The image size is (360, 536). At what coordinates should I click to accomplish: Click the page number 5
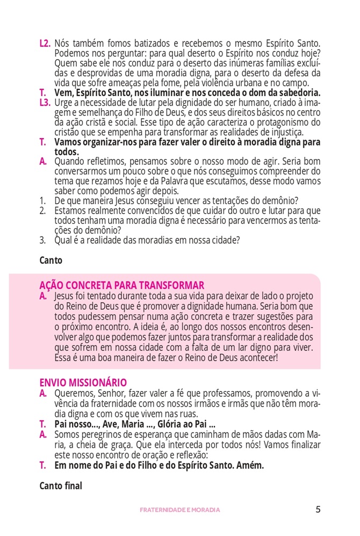pos(318,509)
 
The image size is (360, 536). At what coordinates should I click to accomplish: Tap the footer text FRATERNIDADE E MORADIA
pos(180,510)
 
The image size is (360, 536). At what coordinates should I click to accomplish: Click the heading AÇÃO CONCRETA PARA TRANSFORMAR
pos(121,285)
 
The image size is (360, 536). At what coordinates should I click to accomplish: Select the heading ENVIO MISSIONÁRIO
pos(83,383)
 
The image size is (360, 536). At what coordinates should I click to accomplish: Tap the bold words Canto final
pos(61,486)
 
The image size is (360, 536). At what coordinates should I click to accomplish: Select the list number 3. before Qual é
pos(42,240)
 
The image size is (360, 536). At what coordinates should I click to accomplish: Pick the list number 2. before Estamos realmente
pos(42,211)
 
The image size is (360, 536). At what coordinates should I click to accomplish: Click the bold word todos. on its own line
pos(66,151)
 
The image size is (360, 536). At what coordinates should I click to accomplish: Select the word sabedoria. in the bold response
pos(297,92)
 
